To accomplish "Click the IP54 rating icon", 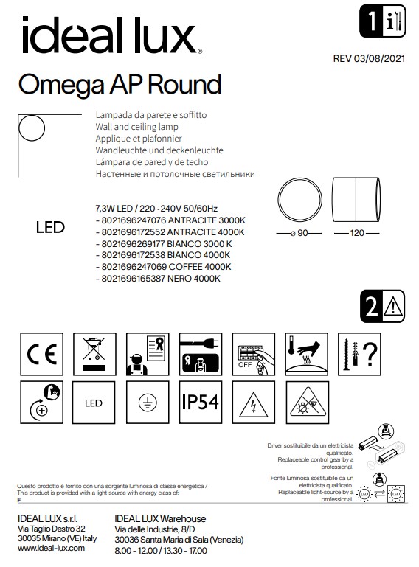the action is coord(200,403).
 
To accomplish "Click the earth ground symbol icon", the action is coord(146,403).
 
